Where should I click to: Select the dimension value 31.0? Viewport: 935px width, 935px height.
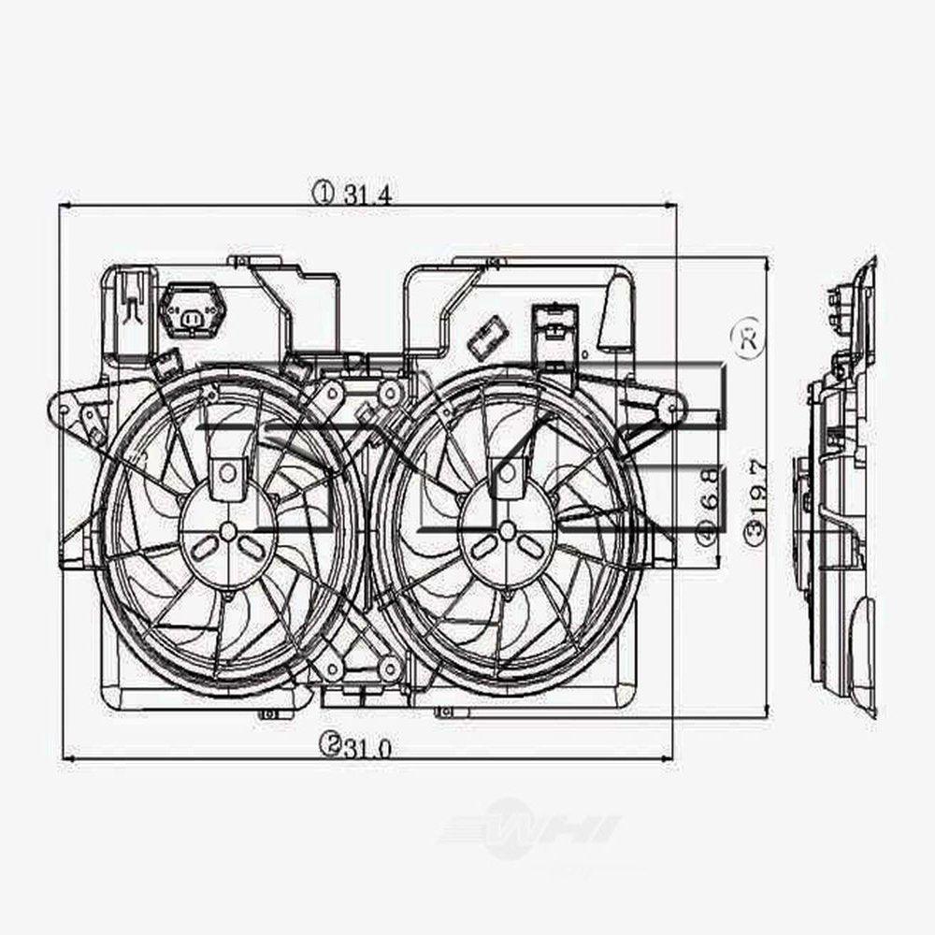367,745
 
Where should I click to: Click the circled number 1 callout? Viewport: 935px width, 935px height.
323,194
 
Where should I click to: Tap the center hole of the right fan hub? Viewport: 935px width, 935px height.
507,531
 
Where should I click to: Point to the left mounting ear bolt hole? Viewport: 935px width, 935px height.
63,410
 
